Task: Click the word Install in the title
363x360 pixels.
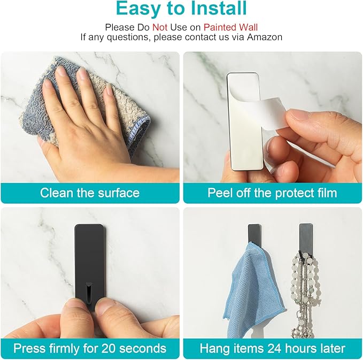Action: coord(218,9)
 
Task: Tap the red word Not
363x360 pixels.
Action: coord(160,27)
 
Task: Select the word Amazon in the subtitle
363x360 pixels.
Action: coord(265,37)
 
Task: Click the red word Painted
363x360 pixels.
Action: coord(220,27)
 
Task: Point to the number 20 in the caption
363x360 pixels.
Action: coord(109,348)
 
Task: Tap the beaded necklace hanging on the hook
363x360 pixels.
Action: coord(303,294)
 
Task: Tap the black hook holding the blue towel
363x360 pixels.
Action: coord(254,234)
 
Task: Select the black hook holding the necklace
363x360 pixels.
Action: coord(306,239)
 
